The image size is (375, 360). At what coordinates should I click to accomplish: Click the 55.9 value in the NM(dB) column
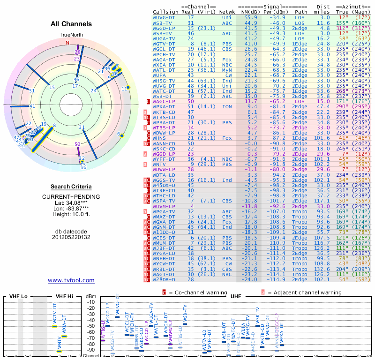[250, 17]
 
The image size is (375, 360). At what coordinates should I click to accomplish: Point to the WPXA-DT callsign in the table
[165, 107]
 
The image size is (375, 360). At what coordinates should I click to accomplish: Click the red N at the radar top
[67, 43]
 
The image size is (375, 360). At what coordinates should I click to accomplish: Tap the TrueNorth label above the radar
[70, 35]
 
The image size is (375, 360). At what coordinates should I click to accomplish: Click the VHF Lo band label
[18, 296]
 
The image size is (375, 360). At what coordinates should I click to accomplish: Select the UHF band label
[235, 296]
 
